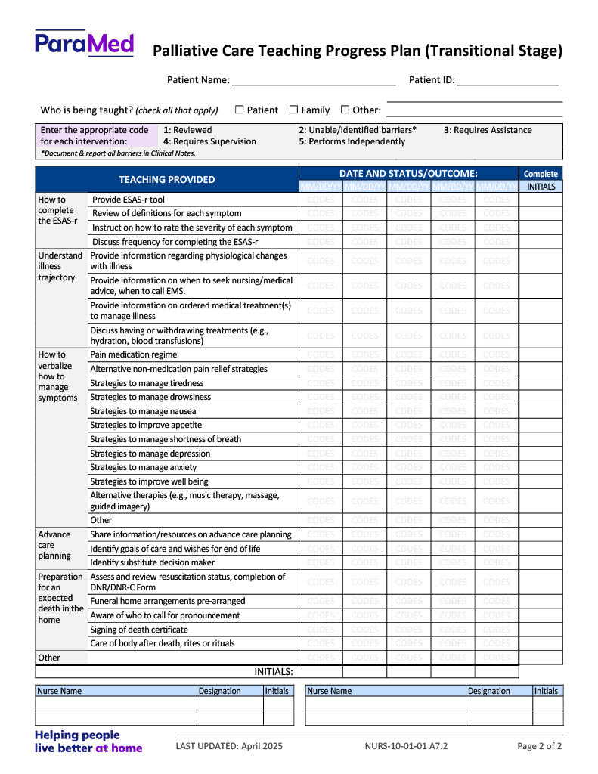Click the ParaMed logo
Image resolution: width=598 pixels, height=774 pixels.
[84, 43]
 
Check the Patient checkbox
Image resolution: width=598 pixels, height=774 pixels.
[240, 110]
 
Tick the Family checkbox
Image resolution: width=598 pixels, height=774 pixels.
[294, 110]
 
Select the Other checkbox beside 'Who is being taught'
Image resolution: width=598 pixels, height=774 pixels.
[345, 110]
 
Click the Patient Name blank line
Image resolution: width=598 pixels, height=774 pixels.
[314, 81]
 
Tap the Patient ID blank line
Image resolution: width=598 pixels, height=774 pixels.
[507, 81]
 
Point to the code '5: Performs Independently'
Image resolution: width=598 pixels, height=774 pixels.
[352, 141]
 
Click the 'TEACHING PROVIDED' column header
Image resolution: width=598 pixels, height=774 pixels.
[167, 179]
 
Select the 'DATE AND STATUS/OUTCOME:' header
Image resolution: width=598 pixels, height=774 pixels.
[408, 174]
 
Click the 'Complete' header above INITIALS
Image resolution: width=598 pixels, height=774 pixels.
[541, 174]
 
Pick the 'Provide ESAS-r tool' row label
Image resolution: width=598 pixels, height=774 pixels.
[128, 200]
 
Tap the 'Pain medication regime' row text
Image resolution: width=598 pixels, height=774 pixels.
[134, 354]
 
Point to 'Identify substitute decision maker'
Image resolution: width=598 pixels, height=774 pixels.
[152, 562]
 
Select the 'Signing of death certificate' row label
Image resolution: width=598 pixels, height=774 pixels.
[139, 630]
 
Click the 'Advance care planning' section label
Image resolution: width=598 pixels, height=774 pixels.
[54, 545]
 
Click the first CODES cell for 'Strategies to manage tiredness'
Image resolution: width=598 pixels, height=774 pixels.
[321, 383]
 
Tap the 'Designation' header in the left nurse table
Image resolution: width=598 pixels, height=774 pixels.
[220, 691]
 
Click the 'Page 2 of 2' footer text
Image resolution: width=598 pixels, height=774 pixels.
[539, 746]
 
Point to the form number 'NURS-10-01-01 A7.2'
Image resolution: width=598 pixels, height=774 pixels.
[406, 746]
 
